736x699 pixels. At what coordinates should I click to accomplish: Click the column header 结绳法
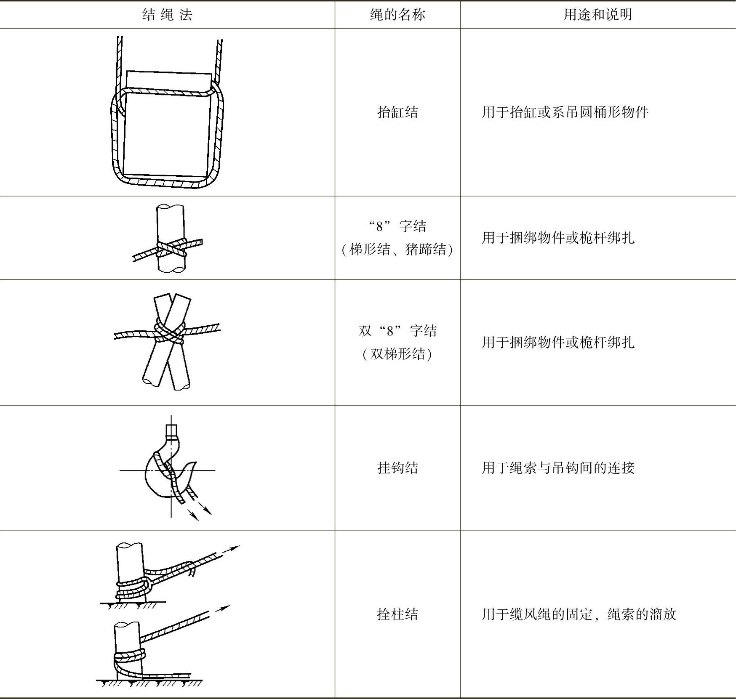tap(167, 15)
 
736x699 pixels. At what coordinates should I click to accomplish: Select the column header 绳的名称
tap(397, 15)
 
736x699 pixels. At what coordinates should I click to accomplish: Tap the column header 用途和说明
tap(598, 15)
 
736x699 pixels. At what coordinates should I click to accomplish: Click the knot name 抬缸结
tap(397, 112)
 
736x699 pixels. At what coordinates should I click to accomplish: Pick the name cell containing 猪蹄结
tap(397, 238)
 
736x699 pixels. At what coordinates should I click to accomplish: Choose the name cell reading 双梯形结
tap(397, 342)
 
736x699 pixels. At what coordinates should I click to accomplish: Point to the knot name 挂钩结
tap(397, 468)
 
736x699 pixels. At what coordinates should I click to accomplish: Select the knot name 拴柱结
tap(397, 614)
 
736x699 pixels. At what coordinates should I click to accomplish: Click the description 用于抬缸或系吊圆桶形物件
tap(565, 112)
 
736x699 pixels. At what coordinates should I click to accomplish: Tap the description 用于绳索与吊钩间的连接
tap(558, 468)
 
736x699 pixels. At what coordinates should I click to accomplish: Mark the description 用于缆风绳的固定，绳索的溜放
tap(579, 614)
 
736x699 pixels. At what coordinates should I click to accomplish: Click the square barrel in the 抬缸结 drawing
tap(167, 124)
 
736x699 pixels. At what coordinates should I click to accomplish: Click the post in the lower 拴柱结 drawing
tap(128, 650)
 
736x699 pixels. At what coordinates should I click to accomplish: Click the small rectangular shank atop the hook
tap(171, 432)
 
